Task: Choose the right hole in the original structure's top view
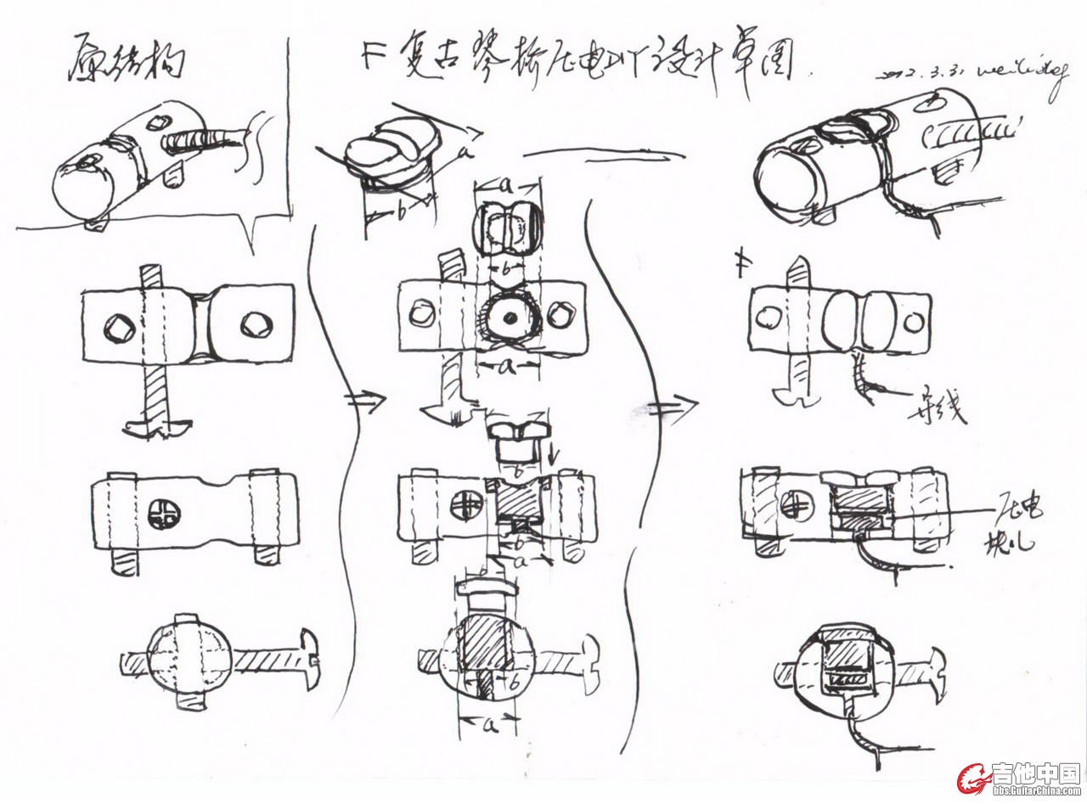click(254, 324)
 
